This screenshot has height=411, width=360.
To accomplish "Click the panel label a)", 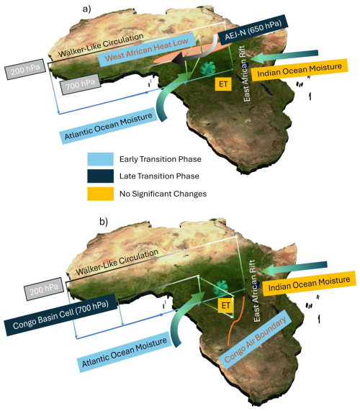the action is coord(87,9).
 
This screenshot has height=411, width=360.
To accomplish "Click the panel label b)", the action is coord(104,222).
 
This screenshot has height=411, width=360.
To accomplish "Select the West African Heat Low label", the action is coord(147,50).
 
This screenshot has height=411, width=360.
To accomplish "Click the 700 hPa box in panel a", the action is coord(81,84).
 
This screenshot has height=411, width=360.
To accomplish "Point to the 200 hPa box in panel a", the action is coord(25,69).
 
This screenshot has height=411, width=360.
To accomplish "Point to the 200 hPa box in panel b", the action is coord(44,289).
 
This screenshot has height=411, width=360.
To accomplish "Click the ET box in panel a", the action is coord(223,84).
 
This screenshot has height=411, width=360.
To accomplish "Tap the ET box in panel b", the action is coord(226,305).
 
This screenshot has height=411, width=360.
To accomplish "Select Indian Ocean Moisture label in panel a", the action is coord(300,70).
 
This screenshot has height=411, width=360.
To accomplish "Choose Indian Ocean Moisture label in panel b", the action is coord(309,284).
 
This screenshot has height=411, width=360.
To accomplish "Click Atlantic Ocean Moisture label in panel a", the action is coord(108,126).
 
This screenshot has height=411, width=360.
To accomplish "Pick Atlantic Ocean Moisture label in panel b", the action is coord(125,352).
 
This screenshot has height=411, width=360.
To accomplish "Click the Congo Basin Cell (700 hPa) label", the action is coord(60,315).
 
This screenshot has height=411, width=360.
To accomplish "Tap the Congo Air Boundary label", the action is coord(255,340).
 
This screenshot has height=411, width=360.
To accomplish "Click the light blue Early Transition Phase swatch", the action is coord(100,159).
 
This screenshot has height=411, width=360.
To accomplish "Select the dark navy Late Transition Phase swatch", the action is coord(100,176).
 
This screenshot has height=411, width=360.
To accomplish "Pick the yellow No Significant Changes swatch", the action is coord(100,194).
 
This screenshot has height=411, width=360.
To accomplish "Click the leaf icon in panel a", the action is coord(208,68).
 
